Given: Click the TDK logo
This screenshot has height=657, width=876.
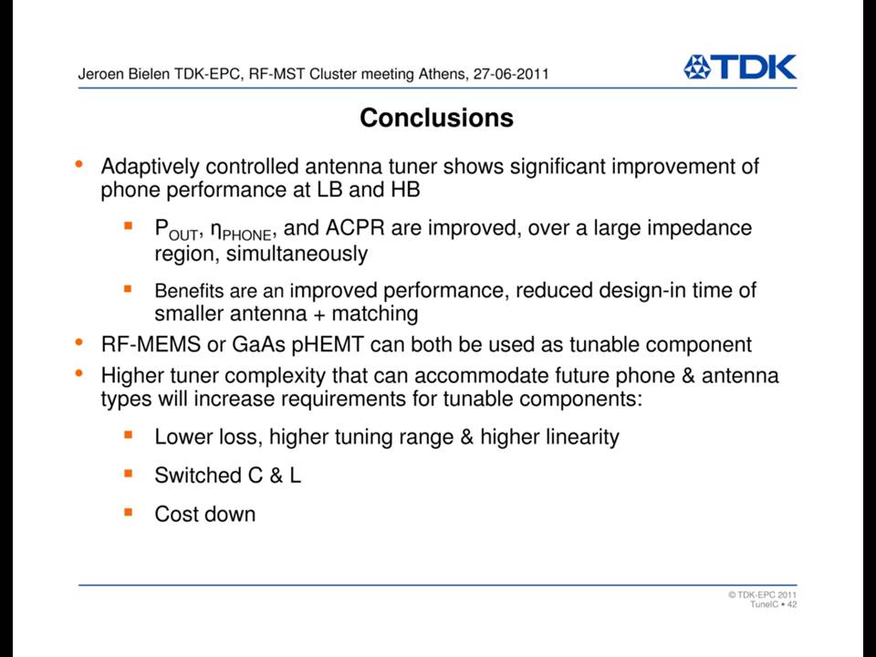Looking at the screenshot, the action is (740, 67).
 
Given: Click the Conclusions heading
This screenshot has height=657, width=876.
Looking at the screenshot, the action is (437, 118).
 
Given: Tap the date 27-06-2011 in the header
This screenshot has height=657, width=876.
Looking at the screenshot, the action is (511, 74).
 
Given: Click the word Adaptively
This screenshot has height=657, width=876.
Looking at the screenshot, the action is (151, 166).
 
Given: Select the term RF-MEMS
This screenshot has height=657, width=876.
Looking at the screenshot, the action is (151, 344).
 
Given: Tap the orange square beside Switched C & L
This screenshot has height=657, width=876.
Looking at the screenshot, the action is (129, 474).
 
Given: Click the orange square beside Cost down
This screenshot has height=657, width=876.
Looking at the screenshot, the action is (129, 512).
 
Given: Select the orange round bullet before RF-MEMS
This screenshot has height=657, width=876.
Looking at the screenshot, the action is (79, 341).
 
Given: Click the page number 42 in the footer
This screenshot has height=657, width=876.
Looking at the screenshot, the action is (792, 604).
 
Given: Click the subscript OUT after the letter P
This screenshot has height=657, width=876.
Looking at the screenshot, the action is (182, 235).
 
